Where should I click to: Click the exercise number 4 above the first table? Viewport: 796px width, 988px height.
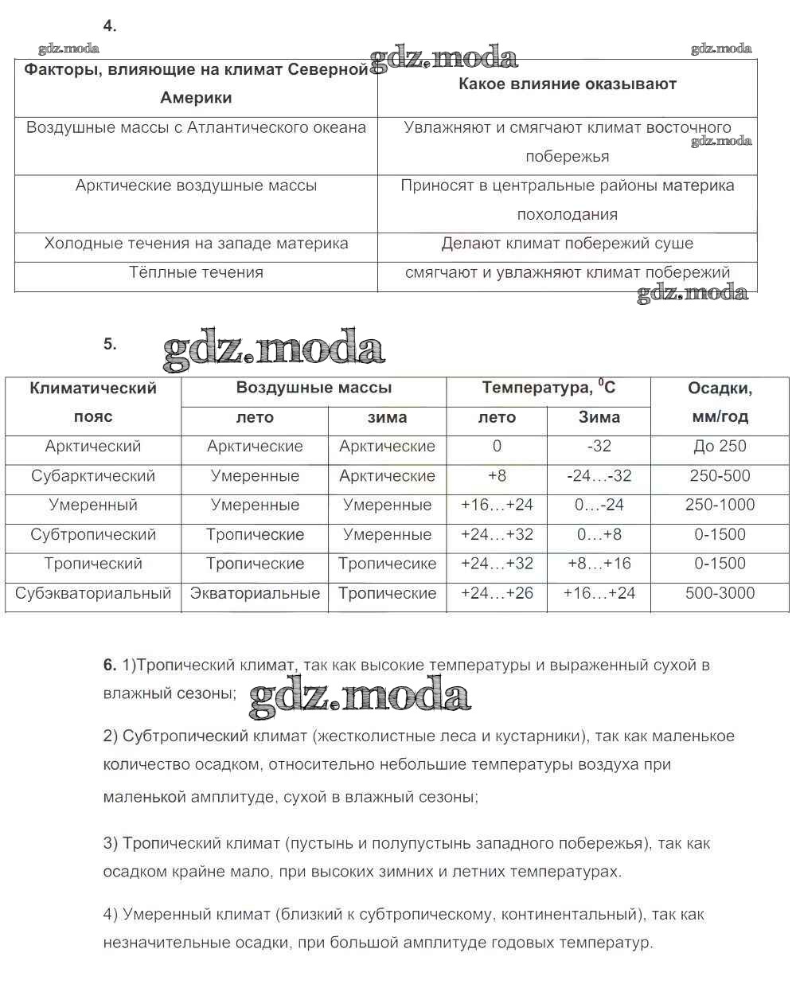[x=110, y=25]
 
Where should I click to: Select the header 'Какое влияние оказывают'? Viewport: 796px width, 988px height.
[x=567, y=84]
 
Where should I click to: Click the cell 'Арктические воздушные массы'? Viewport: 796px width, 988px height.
[x=196, y=185]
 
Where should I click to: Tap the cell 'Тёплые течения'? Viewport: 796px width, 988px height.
[x=196, y=272]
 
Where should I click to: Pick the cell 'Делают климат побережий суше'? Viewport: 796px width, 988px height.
[x=567, y=244]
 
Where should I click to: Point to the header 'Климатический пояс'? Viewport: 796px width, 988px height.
[x=93, y=402]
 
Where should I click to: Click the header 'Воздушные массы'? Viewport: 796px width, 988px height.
[x=314, y=388]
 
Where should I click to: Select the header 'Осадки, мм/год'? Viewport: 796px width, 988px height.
[x=720, y=402]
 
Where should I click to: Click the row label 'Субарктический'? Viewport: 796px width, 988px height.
[x=93, y=476]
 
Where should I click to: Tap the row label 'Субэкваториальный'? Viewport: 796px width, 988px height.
[x=93, y=593]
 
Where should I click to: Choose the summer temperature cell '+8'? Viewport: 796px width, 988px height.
[x=497, y=476]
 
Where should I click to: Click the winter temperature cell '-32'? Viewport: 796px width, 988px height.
[x=599, y=446]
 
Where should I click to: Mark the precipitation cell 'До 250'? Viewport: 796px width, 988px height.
[x=720, y=446]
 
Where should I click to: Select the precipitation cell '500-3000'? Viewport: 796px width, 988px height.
[x=720, y=593]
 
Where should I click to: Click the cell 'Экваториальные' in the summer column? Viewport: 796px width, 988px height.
[x=255, y=593]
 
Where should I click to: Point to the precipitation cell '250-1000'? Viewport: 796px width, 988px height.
[x=720, y=505]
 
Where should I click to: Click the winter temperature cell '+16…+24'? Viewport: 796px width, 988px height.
[x=599, y=593]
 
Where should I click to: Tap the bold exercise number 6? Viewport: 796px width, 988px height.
[x=110, y=665]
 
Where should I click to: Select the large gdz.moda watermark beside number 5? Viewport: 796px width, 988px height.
[x=274, y=350]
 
